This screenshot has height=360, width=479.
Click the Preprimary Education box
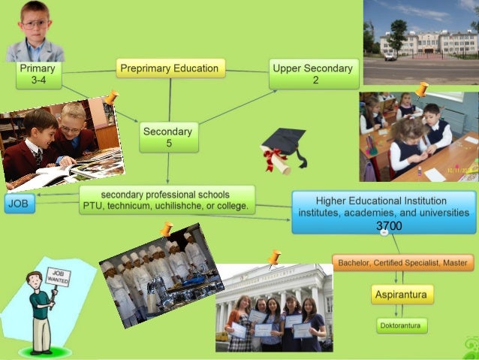[170, 69]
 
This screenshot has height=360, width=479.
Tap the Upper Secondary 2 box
[315, 74]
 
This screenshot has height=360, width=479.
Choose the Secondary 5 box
[168, 136]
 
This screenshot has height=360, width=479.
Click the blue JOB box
[19, 204]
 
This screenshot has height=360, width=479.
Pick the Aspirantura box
[402, 294]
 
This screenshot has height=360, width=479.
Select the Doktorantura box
[402, 325]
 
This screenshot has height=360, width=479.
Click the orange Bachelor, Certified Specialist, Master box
[403, 263]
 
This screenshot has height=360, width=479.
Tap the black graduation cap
[285, 141]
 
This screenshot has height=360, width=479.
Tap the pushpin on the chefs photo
[166, 228]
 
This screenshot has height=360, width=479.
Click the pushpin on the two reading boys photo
[111, 97]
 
